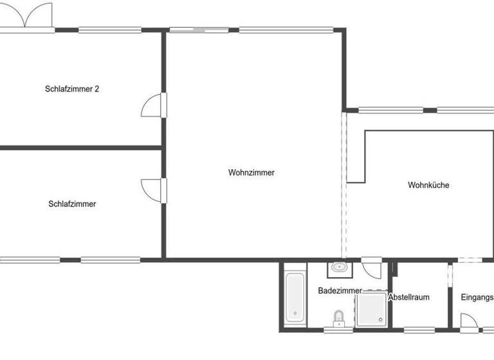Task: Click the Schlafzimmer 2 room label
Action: [x=72, y=89]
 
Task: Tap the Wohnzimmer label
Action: [x=251, y=172]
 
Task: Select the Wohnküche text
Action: [x=428, y=185]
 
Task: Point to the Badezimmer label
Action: [x=340, y=291]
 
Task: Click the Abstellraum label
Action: [x=409, y=297]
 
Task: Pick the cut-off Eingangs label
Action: [x=477, y=297]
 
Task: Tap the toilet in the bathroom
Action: [x=338, y=318]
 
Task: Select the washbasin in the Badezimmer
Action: [x=339, y=267]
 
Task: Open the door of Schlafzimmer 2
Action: [x=152, y=105]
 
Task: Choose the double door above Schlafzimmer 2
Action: [x=26, y=16]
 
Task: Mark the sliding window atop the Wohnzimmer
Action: [x=199, y=29]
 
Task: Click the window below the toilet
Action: [x=338, y=330]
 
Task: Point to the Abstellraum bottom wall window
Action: [x=419, y=330]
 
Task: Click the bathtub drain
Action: [x=295, y=314]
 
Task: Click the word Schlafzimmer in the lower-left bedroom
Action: [x=72, y=204]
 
